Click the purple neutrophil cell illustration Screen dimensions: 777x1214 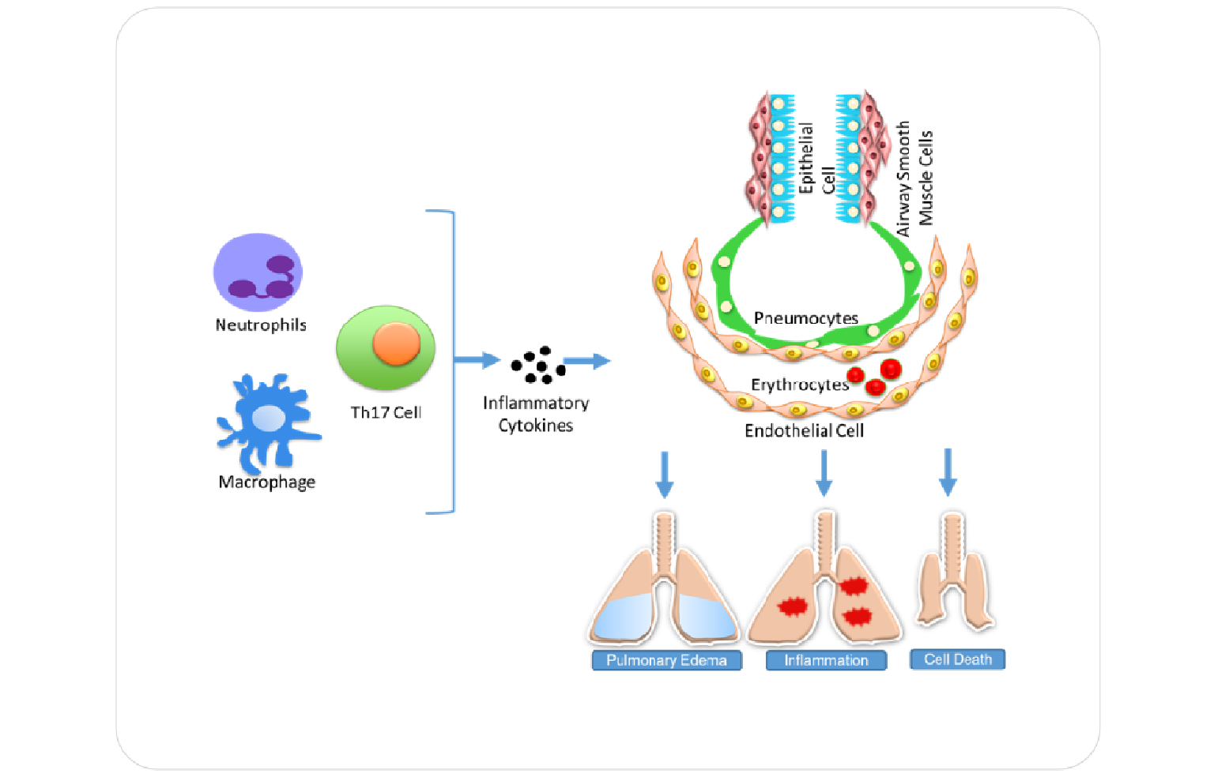point(258,272)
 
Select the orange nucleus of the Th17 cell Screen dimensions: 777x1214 point(396,343)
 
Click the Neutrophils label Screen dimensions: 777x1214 point(261,325)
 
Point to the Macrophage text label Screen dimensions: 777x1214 point(267,482)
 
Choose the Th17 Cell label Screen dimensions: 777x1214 point(386,412)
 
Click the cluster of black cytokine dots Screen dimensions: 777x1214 point(538,364)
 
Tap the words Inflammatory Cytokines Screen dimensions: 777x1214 point(536,414)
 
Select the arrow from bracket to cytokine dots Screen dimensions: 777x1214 point(477,360)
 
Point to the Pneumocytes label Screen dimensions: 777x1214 point(805,318)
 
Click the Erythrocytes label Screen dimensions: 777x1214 point(799,385)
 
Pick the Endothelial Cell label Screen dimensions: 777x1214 point(804,430)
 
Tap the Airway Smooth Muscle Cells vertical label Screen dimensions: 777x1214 point(914,178)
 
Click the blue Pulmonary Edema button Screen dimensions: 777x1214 point(666,660)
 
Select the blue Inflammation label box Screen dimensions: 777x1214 point(826,660)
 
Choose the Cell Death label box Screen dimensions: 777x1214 point(957,659)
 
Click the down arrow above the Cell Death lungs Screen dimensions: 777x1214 point(948,472)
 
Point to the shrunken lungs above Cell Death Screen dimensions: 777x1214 point(954,572)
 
